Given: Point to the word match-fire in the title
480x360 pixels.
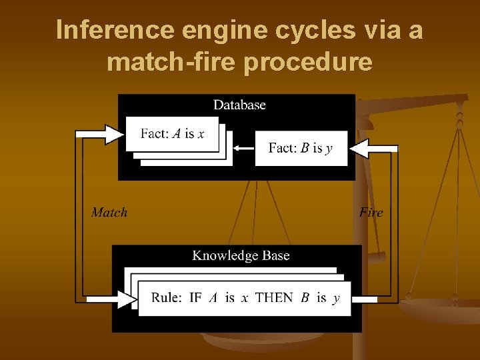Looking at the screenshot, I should [173, 62].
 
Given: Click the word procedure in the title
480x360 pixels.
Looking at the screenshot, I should [309, 62].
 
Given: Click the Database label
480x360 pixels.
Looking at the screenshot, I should [239, 105].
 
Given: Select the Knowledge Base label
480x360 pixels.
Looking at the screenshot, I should [241, 255].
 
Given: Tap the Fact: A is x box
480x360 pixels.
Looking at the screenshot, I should [172, 133].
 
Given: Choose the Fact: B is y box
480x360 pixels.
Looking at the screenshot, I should [300, 148].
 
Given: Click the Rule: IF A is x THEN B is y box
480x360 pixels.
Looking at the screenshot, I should [245, 298].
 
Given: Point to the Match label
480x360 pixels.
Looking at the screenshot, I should [109, 213].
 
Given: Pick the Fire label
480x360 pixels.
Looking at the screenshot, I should [371, 213].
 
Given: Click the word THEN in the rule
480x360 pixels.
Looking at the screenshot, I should [274, 298].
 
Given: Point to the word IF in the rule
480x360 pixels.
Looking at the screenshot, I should [195, 298].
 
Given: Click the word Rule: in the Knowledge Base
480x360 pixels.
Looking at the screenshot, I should [166, 298].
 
